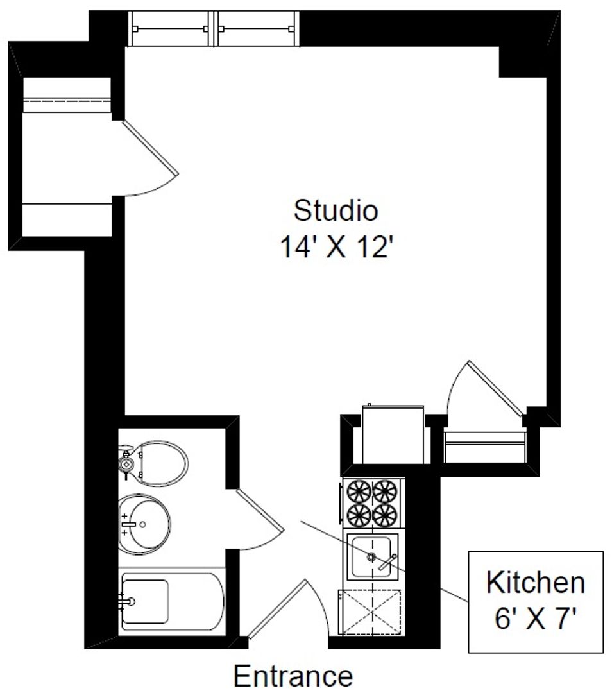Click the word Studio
tap(336, 210)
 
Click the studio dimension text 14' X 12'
tap(336, 246)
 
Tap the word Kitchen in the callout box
tap(536, 583)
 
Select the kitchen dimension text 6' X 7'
tap(535, 618)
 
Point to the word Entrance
tap(293, 676)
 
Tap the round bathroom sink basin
tap(144, 525)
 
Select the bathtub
tap(172, 601)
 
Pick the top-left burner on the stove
tap(359, 492)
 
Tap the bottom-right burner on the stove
tap(385, 515)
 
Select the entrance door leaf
tap(276, 610)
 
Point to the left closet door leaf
tap(150, 148)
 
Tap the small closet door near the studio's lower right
tap(495, 388)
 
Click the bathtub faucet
tap(126, 601)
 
